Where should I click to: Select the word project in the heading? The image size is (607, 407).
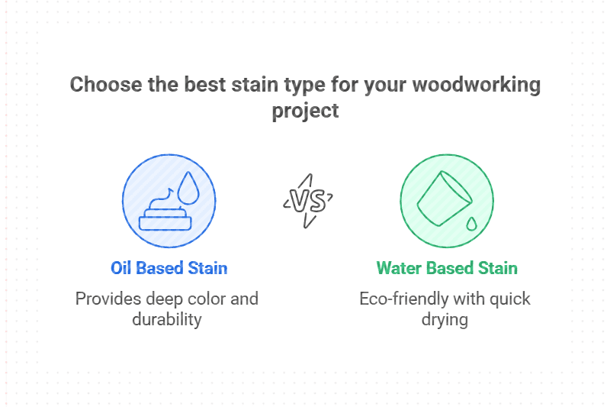pyautogui.click(x=306, y=111)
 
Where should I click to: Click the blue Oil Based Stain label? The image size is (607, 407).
pyautogui.click(x=169, y=268)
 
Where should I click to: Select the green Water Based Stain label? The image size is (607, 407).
pyautogui.click(x=447, y=268)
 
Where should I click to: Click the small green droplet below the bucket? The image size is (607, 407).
pyautogui.click(x=471, y=224)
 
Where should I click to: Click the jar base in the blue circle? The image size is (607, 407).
pyautogui.click(x=165, y=223)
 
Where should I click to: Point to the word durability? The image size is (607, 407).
pyautogui.click(x=167, y=319)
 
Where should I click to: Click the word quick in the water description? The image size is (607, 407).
pyautogui.click(x=510, y=298)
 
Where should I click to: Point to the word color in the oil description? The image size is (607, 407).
pyautogui.click(x=202, y=298)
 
